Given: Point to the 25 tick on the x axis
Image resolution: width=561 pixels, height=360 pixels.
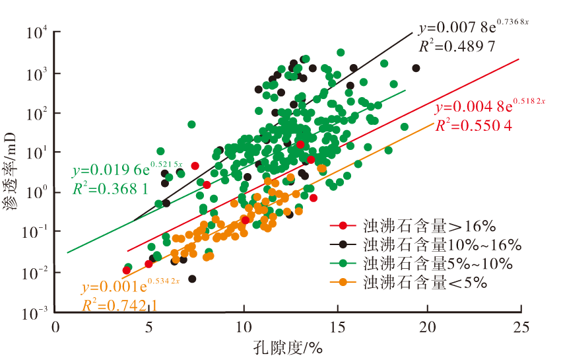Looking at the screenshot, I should (521, 326).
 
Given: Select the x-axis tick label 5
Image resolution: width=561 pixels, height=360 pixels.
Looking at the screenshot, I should (149, 326).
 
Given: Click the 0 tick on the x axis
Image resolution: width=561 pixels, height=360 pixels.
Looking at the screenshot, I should (56, 326).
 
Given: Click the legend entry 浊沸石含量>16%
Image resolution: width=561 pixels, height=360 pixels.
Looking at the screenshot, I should (429, 227).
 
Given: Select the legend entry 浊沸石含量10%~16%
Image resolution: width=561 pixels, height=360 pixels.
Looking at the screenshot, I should (442, 244).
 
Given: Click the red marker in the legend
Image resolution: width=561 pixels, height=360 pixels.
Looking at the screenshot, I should (343, 227).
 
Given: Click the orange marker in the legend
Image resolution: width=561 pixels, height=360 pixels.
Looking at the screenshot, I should (343, 283).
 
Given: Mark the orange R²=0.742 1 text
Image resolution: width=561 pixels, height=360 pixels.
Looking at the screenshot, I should (119, 305).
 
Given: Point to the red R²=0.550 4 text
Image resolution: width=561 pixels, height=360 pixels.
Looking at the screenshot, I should (473, 124).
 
